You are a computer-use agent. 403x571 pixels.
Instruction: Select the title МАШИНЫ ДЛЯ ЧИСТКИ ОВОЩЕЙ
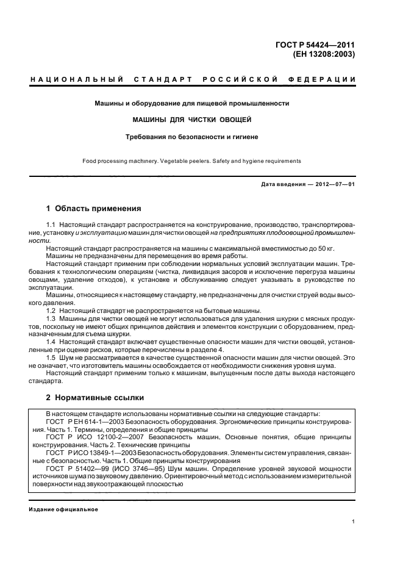pos(191,120)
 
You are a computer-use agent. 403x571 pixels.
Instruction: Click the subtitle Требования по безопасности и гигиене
pos(191,137)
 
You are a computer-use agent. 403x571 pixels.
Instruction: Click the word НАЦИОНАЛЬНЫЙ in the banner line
pos(77,80)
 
